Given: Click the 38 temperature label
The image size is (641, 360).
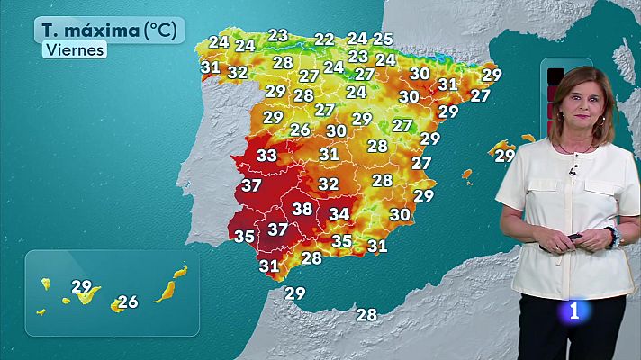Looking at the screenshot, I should point(302,210).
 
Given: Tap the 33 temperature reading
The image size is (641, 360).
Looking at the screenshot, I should point(266,156).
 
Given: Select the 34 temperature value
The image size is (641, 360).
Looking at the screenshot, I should point(339,214).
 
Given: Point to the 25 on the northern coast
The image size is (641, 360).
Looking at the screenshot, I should point(384,39).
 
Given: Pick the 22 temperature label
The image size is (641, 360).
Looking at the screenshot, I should point(324,40).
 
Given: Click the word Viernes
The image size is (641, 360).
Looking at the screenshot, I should point(74,50).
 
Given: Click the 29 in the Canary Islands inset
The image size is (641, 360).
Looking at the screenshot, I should point(82,288).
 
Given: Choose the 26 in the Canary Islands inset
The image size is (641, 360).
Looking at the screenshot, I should point(128,301).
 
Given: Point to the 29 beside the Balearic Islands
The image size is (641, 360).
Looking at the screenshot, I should point(505,156).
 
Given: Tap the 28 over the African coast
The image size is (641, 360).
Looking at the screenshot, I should point(366,314).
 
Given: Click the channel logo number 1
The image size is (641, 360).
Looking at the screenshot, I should point(573,311).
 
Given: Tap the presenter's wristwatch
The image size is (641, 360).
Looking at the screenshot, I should point(612,237).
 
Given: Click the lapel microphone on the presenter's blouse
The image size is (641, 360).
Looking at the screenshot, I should point(571,172).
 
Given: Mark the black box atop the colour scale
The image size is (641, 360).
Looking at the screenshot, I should point(555,75).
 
